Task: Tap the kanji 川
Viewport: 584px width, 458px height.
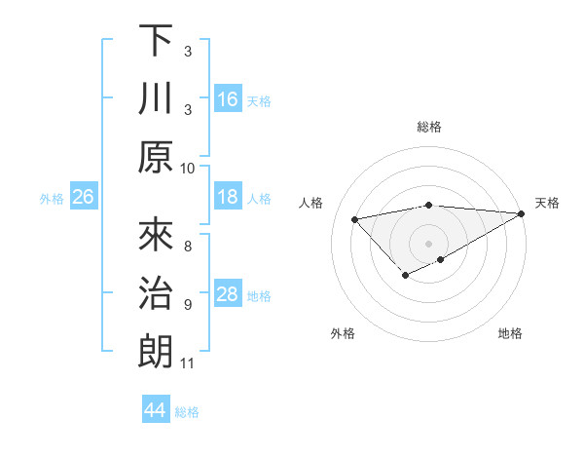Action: click(156, 99)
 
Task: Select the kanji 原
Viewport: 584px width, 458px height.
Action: click(156, 158)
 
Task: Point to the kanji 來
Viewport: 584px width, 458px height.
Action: click(156, 235)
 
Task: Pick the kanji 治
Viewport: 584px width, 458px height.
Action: click(156, 293)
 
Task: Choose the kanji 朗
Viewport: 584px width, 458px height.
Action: click(156, 352)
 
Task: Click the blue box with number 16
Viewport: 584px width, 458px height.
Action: click(228, 98)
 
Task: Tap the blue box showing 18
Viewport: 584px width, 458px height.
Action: click(228, 197)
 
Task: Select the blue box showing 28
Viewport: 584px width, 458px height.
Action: click(228, 294)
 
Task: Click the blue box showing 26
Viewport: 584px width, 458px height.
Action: click(83, 198)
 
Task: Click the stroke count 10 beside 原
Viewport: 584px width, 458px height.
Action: click(188, 168)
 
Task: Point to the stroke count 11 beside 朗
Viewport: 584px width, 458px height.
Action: click(188, 363)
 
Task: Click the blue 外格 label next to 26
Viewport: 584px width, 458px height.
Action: click(52, 199)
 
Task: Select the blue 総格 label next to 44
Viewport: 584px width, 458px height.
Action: click(187, 412)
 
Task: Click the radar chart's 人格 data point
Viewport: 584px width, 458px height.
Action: click(355, 218)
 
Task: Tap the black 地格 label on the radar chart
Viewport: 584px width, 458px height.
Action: click(510, 333)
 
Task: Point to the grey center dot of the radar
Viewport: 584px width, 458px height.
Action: click(428, 243)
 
